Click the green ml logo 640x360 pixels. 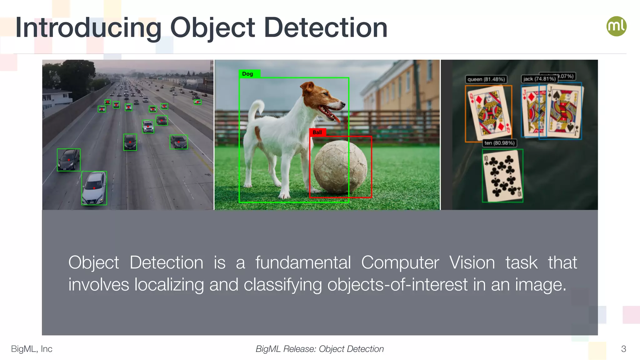pos(616,26)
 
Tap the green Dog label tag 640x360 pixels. pos(248,74)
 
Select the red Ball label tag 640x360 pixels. pos(317,132)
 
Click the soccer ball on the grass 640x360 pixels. pos(340,167)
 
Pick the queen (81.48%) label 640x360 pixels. pos(486,79)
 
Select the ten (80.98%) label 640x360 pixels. pos(499,143)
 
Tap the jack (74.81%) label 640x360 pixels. pos(539,79)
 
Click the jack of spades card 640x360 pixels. pos(564,111)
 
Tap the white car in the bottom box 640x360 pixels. pos(94,188)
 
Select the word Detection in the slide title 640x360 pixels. pos(326,28)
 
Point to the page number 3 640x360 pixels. pos(623,349)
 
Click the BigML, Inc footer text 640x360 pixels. pos(32,349)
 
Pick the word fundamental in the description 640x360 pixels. pos(303,262)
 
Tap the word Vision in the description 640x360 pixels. pos(472,262)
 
